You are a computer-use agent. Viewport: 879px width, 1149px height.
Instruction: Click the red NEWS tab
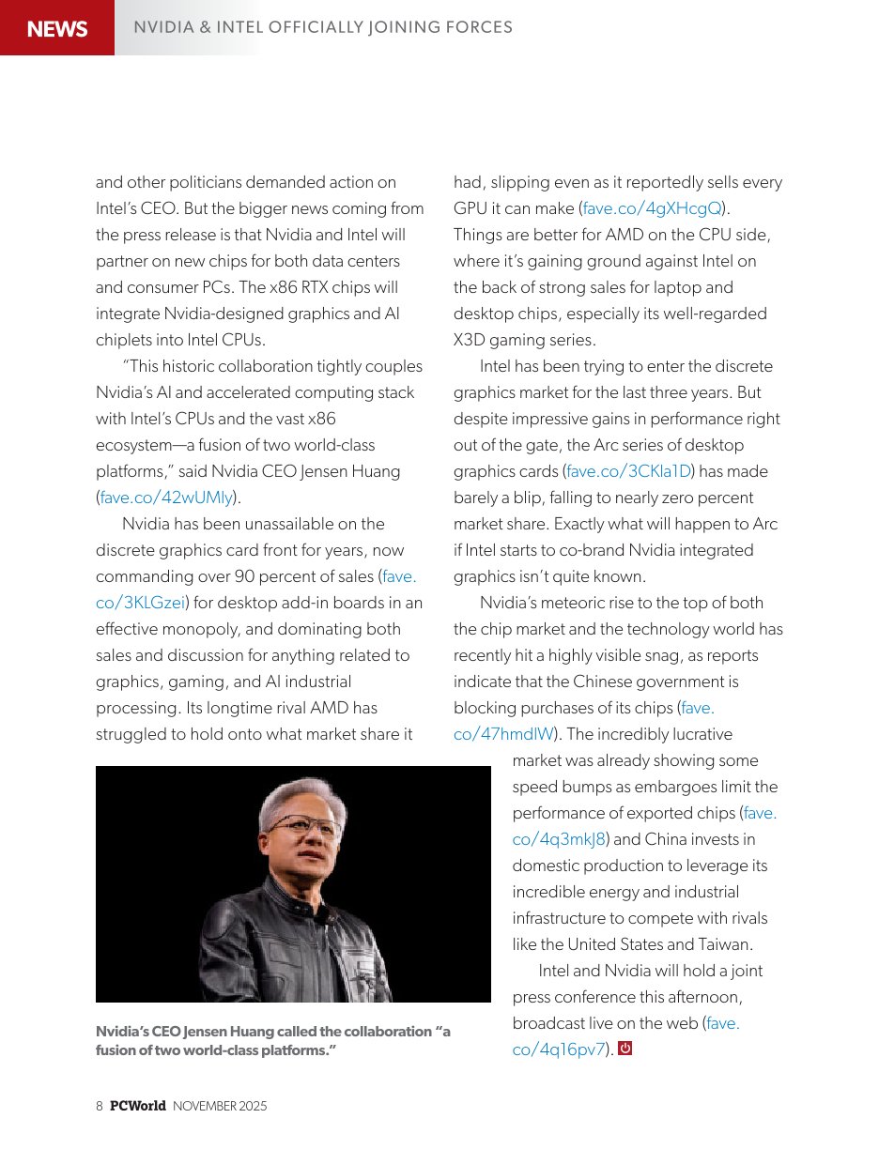(57, 28)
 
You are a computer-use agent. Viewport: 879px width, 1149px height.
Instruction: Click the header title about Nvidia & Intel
(323, 27)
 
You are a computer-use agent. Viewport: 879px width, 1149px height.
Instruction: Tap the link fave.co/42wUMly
(166, 498)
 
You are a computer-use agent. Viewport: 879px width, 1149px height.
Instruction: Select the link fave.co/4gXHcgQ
(652, 208)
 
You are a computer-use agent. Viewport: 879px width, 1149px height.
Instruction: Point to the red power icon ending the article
(625, 1049)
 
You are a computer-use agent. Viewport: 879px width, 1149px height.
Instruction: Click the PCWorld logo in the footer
(137, 1106)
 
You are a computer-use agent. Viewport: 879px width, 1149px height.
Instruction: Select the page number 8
(100, 1106)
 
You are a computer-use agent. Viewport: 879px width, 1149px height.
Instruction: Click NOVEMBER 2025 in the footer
(220, 1106)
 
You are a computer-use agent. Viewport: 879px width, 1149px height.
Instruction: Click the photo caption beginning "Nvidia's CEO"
(272, 1040)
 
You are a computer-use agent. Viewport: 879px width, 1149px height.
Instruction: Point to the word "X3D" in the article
(472, 340)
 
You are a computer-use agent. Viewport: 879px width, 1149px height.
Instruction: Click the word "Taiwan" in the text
(726, 944)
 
